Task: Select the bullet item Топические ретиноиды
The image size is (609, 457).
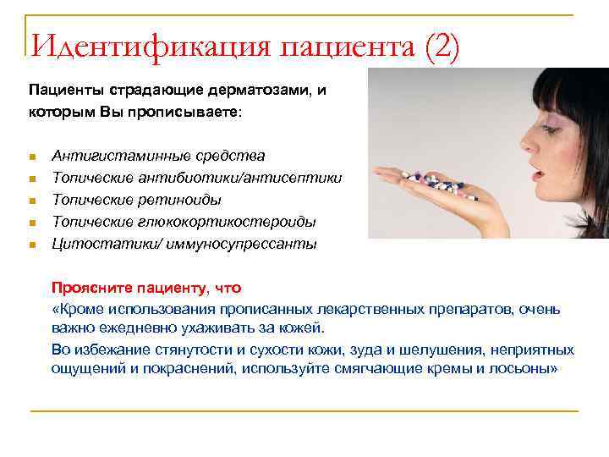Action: click(x=137, y=200)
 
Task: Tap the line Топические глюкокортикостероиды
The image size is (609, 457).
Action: click(x=184, y=222)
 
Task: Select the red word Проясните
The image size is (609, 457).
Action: click(x=85, y=288)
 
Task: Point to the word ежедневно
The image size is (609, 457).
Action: click(x=129, y=328)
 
